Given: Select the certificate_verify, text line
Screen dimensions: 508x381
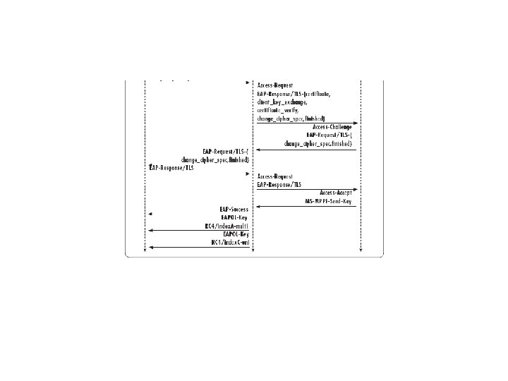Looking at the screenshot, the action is pyautogui.click(x=278, y=110).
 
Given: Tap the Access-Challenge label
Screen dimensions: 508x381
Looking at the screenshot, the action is pyautogui.click(x=333, y=127).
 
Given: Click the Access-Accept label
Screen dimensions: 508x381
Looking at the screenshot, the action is pyautogui.click(x=336, y=192).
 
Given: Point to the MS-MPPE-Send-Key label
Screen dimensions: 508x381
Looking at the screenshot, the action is pyautogui.click(x=329, y=200).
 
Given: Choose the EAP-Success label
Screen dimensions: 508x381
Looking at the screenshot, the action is pyautogui.click(x=234, y=210).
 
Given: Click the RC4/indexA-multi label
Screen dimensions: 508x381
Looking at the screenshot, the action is pyautogui.click(x=226, y=226).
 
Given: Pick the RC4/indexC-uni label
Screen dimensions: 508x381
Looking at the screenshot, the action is pyautogui.click(x=229, y=243).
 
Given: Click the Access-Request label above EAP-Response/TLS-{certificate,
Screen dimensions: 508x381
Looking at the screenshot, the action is pyautogui.click(x=275, y=85).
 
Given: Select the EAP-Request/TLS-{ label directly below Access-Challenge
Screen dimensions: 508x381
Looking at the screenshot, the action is pyautogui.click(x=329, y=135).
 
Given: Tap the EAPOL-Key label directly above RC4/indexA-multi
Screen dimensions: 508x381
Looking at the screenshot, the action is pyautogui.click(x=235, y=217).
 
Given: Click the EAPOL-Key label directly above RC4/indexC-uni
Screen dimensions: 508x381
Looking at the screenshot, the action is pyautogui.click(x=236, y=234).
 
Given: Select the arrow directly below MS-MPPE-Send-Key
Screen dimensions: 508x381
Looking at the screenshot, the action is pyautogui.click(x=307, y=206).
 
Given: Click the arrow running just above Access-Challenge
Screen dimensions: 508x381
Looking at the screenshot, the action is pyautogui.click(x=307, y=122).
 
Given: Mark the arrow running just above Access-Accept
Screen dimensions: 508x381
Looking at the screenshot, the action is pyautogui.click(x=307, y=188).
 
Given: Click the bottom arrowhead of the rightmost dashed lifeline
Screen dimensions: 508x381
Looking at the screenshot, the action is pyautogui.click(x=361, y=250).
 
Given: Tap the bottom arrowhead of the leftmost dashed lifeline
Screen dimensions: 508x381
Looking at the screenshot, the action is pyautogui.click(x=145, y=250).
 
